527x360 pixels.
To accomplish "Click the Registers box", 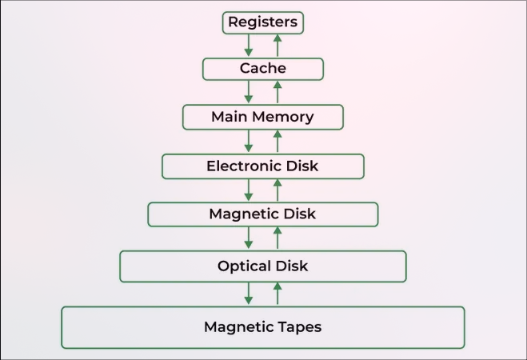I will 262,22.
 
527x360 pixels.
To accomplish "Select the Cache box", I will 262,69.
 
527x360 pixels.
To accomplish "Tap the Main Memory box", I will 262,117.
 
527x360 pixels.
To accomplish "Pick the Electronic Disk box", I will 262,166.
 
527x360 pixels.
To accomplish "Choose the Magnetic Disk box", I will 262,214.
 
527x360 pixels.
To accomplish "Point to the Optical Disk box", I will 262,266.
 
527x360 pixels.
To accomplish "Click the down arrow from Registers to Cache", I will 249,46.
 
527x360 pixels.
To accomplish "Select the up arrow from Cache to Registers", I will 277,46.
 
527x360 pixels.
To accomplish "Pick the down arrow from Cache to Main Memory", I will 249,92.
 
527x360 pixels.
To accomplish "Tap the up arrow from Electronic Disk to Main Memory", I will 277,141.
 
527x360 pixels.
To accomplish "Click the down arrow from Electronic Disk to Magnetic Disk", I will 249,190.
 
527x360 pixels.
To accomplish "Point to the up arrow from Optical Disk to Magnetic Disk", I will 277,238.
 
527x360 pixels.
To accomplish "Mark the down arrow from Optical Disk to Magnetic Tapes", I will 249,293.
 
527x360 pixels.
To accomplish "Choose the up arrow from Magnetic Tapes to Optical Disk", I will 277,293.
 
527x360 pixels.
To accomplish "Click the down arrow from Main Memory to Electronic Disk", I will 249,141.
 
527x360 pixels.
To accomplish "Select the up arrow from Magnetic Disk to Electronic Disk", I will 277,190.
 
